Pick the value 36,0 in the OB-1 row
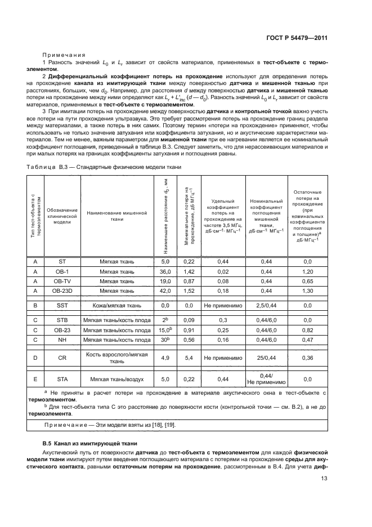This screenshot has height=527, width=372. pyautogui.click(x=165, y=271)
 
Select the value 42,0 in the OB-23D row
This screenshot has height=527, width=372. pyautogui.click(x=165, y=291)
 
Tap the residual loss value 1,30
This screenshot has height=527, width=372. pyautogui.click(x=307, y=291)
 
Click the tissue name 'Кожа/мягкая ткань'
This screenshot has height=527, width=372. pyautogui.click(x=117, y=305)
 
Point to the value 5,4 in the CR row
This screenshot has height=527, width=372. pyautogui.click(x=189, y=357)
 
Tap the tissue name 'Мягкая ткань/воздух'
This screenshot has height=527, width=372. pyautogui.click(x=117, y=379)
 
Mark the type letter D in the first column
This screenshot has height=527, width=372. pyautogui.click(x=35, y=357)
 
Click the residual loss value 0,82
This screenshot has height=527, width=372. pyautogui.click(x=307, y=330)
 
